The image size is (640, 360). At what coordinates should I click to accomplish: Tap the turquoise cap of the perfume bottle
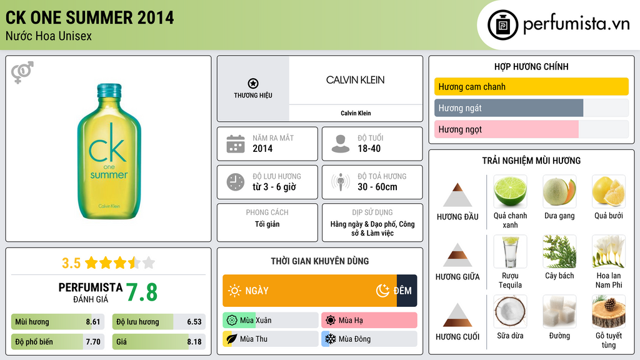(108, 90)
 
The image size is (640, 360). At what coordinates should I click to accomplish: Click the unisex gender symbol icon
(22, 72)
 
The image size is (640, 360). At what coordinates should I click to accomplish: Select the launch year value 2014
(262, 149)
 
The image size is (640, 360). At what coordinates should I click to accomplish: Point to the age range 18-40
(369, 149)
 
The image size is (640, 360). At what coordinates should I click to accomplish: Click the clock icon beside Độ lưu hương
(235, 182)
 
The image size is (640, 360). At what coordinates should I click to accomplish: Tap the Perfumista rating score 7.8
(142, 292)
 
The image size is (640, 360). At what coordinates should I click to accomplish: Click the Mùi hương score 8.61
(93, 322)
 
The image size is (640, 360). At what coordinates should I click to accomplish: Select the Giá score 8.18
(194, 342)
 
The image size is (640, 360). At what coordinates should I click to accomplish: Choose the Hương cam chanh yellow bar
(531, 87)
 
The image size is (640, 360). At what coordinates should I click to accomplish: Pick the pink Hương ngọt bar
(506, 129)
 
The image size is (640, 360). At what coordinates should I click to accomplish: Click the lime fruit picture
(510, 191)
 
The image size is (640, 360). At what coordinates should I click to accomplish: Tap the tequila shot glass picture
(510, 251)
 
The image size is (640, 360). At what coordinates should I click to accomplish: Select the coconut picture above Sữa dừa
(510, 311)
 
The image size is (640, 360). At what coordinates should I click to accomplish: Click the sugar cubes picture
(559, 311)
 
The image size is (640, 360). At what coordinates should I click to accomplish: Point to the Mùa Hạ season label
(351, 321)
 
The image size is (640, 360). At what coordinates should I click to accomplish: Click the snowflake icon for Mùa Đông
(329, 339)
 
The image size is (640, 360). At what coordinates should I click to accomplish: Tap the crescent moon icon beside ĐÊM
(382, 291)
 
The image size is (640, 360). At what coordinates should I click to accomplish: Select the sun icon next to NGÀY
(234, 291)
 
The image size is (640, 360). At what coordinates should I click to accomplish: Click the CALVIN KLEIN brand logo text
(355, 80)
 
